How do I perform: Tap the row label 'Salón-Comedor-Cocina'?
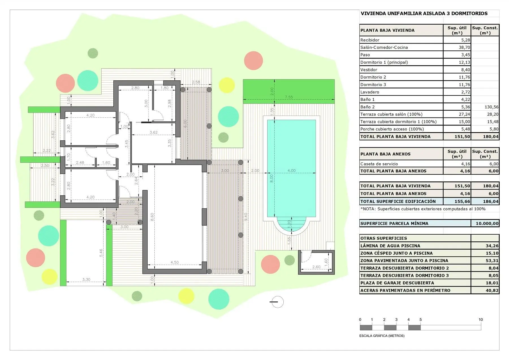384,47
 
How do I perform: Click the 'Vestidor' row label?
369,70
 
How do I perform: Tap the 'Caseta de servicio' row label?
379,164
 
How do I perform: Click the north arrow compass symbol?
277,302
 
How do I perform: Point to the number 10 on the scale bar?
481,320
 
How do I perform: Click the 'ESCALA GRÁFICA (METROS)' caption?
382,336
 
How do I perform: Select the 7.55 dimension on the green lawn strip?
289,97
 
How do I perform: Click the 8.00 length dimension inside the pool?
271,178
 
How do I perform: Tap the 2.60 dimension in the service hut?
316,267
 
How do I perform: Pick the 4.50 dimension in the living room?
174,262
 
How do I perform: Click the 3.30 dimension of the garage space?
86,279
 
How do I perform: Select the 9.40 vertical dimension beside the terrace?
246,217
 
